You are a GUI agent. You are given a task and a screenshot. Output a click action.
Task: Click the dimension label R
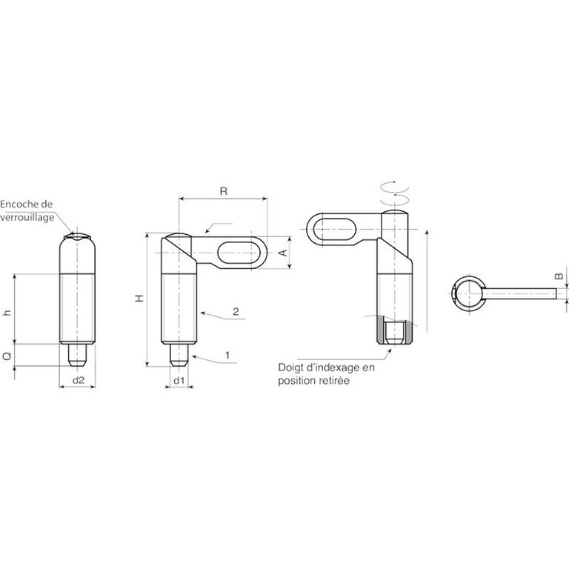(x=224, y=191)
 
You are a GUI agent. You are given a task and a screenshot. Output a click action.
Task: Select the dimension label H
(x=140, y=299)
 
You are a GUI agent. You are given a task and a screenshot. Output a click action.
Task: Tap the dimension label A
(x=284, y=253)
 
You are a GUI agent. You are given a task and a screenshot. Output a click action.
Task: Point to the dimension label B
(x=559, y=276)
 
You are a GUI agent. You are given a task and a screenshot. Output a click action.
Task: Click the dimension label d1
(x=179, y=380)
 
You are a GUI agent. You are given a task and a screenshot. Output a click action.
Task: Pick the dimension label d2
(x=79, y=380)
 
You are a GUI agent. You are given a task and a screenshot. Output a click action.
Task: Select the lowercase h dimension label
(x=7, y=312)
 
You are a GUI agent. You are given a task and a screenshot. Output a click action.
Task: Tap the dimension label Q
(x=7, y=356)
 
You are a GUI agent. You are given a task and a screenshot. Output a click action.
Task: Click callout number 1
(x=227, y=356)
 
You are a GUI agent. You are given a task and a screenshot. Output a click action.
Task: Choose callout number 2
(x=236, y=312)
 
